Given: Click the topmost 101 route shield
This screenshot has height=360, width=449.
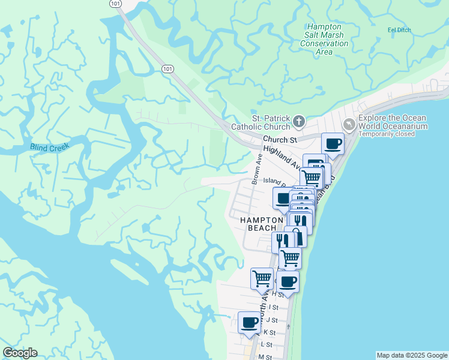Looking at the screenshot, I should click(116, 4).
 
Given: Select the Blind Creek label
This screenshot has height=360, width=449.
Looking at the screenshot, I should click(50, 146).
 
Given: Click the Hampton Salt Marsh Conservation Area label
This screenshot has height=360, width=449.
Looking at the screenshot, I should click(324, 39).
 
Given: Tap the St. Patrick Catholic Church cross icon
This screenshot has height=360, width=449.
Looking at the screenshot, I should click(298, 122).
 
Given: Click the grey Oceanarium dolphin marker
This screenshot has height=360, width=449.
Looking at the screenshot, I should click(349, 124).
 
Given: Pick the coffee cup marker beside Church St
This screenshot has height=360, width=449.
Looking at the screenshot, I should click(333, 143).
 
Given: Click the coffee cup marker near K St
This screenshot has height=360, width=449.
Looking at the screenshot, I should click(249, 322).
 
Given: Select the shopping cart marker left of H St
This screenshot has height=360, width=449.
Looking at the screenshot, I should click(262, 278).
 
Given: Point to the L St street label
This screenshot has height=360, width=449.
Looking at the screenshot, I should click(267, 344).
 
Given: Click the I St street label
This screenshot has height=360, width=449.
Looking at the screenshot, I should click(273, 307).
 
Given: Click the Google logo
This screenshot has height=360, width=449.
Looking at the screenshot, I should click(20, 353).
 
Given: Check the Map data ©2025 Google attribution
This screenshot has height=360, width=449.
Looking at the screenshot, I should click(412, 355).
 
